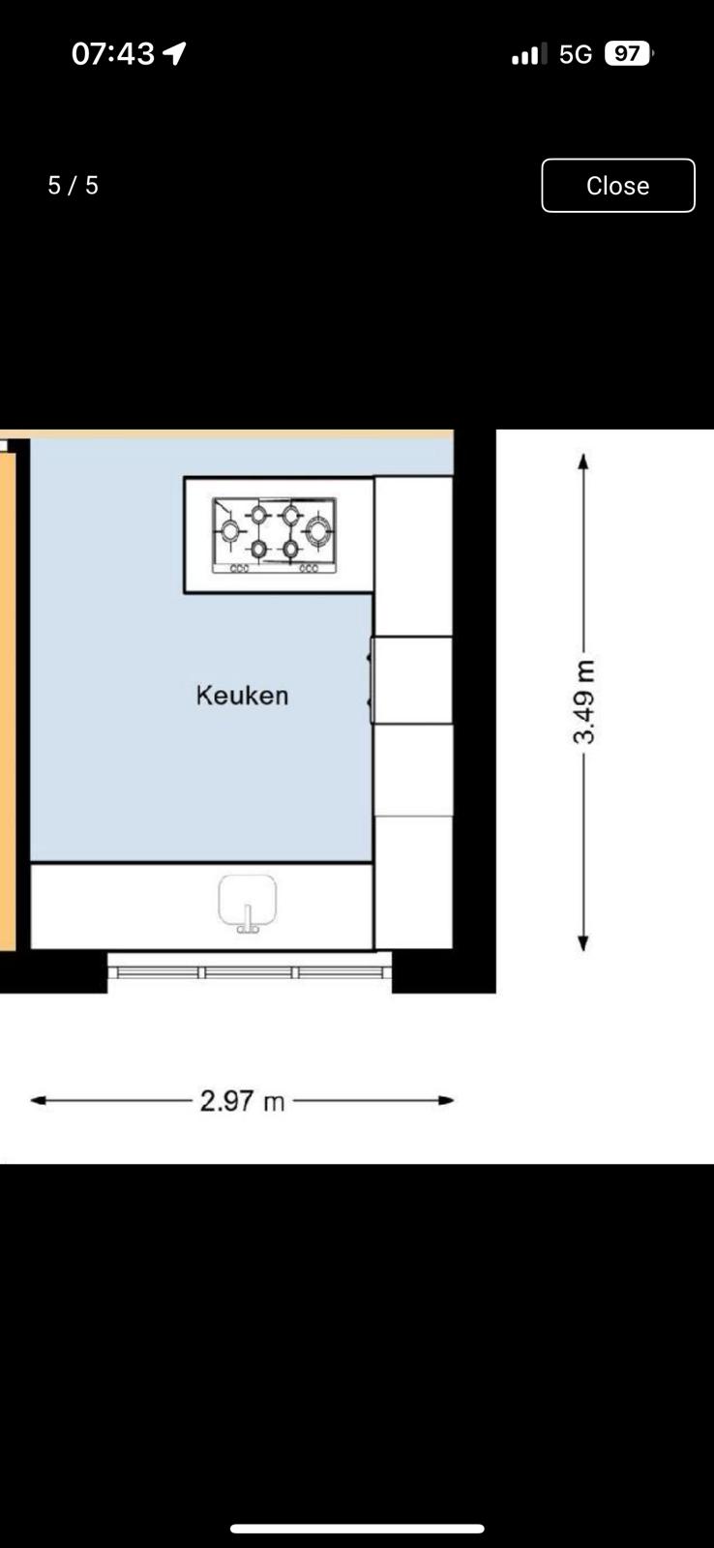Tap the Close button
pyautogui.click(x=618, y=185)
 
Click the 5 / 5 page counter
pyautogui.click(x=74, y=185)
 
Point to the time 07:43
pyautogui.click(x=112, y=53)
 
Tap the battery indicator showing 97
pyautogui.click(x=628, y=53)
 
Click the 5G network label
pyautogui.click(x=576, y=54)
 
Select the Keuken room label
pyautogui.click(x=242, y=696)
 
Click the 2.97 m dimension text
pyautogui.click(x=242, y=1101)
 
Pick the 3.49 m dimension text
pyautogui.click(x=584, y=701)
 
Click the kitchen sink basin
pyautogui.click(x=248, y=899)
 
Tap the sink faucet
pyautogui.click(x=248, y=919)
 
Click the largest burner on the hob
pyautogui.click(x=319, y=531)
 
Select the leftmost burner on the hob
pyautogui.click(x=229, y=531)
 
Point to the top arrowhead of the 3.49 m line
pyautogui.click(x=583, y=461)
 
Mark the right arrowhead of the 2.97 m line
pyautogui.click(x=447, y=1100)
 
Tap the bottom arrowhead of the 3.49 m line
pyautogui.click(x=583, y=943)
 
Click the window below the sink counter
pyautogui.click(x=250, y=972)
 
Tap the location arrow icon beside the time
pyautogui.click(x=174, y=52)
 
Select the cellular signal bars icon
pyautogui.click(x=529, y=54)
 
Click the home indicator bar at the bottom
pyautogui.click(x=357, y=1529)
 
